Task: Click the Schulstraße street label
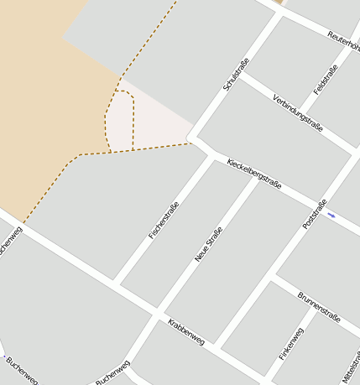click(x=236, y=74)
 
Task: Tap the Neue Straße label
click(x=208, y=244)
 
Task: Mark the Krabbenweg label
click(x=185, y=332)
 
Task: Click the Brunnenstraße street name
click(x=319, y=307)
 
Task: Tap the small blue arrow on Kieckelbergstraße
click(x=331, y=216)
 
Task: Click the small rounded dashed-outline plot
click(x=119, y=121)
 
